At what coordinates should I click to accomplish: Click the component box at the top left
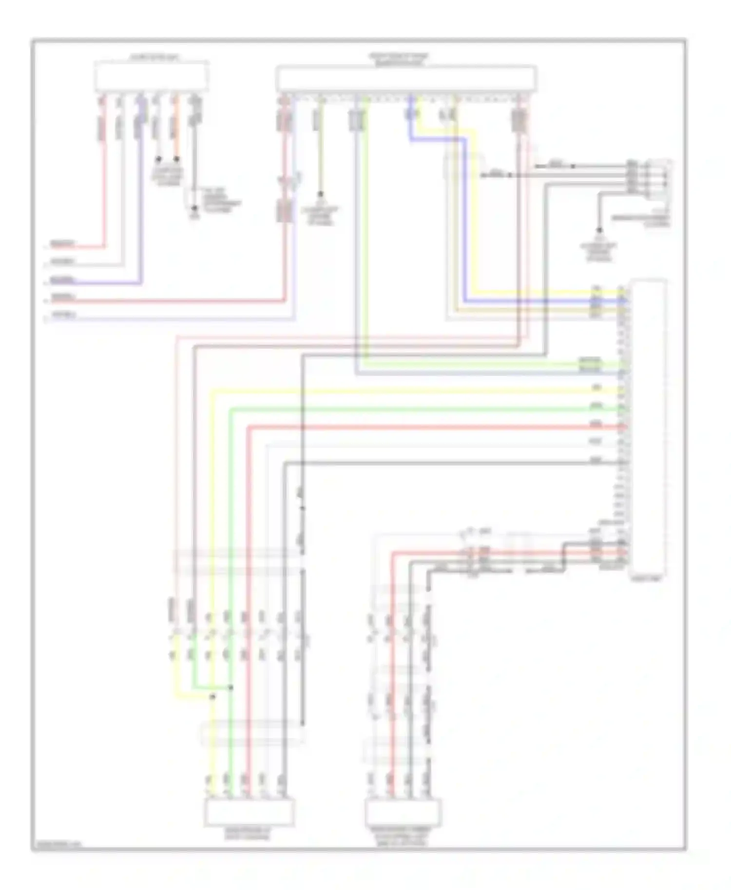click(152, 77)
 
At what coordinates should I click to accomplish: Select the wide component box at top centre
click(406, 79)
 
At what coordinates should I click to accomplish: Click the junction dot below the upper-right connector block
click(599, 230)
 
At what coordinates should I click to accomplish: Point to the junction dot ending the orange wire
click(176, 159)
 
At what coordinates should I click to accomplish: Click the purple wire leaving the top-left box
click(141, 195)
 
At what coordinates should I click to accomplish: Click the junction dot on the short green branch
click(231, 687)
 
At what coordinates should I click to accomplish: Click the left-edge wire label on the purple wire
click(63, 280)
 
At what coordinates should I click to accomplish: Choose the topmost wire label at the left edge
click(63, 243)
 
